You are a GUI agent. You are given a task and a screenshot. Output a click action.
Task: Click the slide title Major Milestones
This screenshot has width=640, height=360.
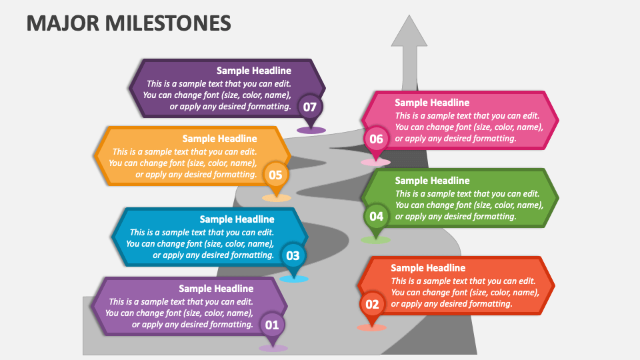click(129, 23)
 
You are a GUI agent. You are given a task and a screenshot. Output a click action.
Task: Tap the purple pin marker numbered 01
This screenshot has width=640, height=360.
click(272, 325)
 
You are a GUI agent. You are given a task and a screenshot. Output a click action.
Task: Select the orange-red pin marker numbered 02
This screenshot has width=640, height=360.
click(372, 305)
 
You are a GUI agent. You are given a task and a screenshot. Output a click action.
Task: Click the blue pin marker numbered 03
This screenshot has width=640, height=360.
click(293, 255)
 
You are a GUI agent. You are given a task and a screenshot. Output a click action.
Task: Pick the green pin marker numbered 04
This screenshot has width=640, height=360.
click(376, 216)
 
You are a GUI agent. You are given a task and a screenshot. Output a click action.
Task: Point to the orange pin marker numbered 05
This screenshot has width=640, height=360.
click(275, 176)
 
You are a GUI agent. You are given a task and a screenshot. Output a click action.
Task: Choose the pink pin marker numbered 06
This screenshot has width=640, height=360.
click(376, 139)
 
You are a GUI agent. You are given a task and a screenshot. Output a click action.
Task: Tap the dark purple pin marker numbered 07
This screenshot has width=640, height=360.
click(310, 107)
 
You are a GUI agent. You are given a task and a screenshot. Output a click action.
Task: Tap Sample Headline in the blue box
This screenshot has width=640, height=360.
click(237, 219)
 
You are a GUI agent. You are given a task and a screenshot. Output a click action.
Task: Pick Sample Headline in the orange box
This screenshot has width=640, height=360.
click(219, 139)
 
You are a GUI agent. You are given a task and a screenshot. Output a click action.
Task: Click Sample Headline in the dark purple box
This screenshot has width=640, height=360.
click(254, 71)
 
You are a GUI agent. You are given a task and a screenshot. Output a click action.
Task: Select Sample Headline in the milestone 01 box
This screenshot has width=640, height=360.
click(216, 289)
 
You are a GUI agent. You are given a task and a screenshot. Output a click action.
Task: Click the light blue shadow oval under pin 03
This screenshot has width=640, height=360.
click(293, 279)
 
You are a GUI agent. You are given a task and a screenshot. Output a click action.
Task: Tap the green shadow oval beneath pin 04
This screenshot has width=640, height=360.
click(375, 240)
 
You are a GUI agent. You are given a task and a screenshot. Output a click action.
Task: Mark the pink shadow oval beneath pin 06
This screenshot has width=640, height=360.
click(375, 162)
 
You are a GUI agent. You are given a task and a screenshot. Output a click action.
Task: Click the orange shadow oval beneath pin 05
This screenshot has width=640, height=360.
click(276, 198)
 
